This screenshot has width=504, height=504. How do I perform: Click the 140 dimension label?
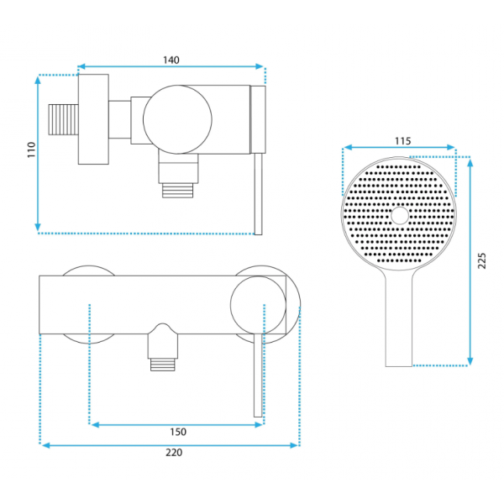coord(171,60)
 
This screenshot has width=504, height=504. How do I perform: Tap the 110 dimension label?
coord(31,150)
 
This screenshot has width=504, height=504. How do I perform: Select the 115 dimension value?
coord(402,141)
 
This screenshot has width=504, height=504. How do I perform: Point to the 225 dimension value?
coord(481,260)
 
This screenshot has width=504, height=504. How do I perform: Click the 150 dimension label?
coord(178,432)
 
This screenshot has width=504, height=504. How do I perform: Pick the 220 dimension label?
coord(174,453)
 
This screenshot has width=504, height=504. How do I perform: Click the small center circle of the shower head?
coord(400,215)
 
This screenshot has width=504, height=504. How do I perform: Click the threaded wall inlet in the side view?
coord(63,119)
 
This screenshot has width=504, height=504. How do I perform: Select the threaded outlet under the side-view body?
coord(178,191)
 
